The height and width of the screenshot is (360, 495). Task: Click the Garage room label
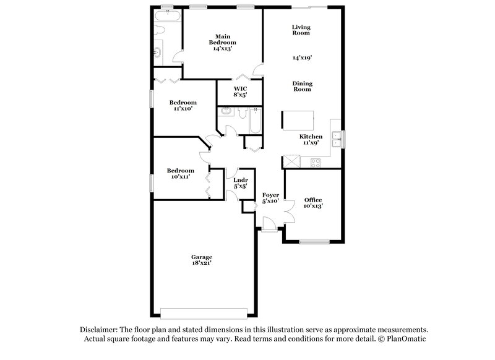tap(202, 257)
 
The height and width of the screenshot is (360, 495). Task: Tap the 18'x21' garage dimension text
tap(202, 263)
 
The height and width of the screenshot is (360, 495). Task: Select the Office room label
tap(313, 200)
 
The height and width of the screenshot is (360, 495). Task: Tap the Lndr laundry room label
tap(240, 180)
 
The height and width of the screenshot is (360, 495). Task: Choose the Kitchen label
tap(311, 136)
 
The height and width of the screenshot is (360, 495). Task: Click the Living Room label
tap(301, 30)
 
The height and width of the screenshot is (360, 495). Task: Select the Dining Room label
tap(303, 86)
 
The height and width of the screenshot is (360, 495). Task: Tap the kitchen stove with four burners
tap(315, 163)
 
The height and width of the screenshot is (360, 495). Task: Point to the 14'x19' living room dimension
tap(302, 57)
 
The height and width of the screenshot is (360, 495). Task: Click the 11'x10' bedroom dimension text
tap(184, 108)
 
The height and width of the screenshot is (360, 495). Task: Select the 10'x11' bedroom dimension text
tap(180, 176)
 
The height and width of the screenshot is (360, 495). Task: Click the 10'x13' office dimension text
tap(313, 206)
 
